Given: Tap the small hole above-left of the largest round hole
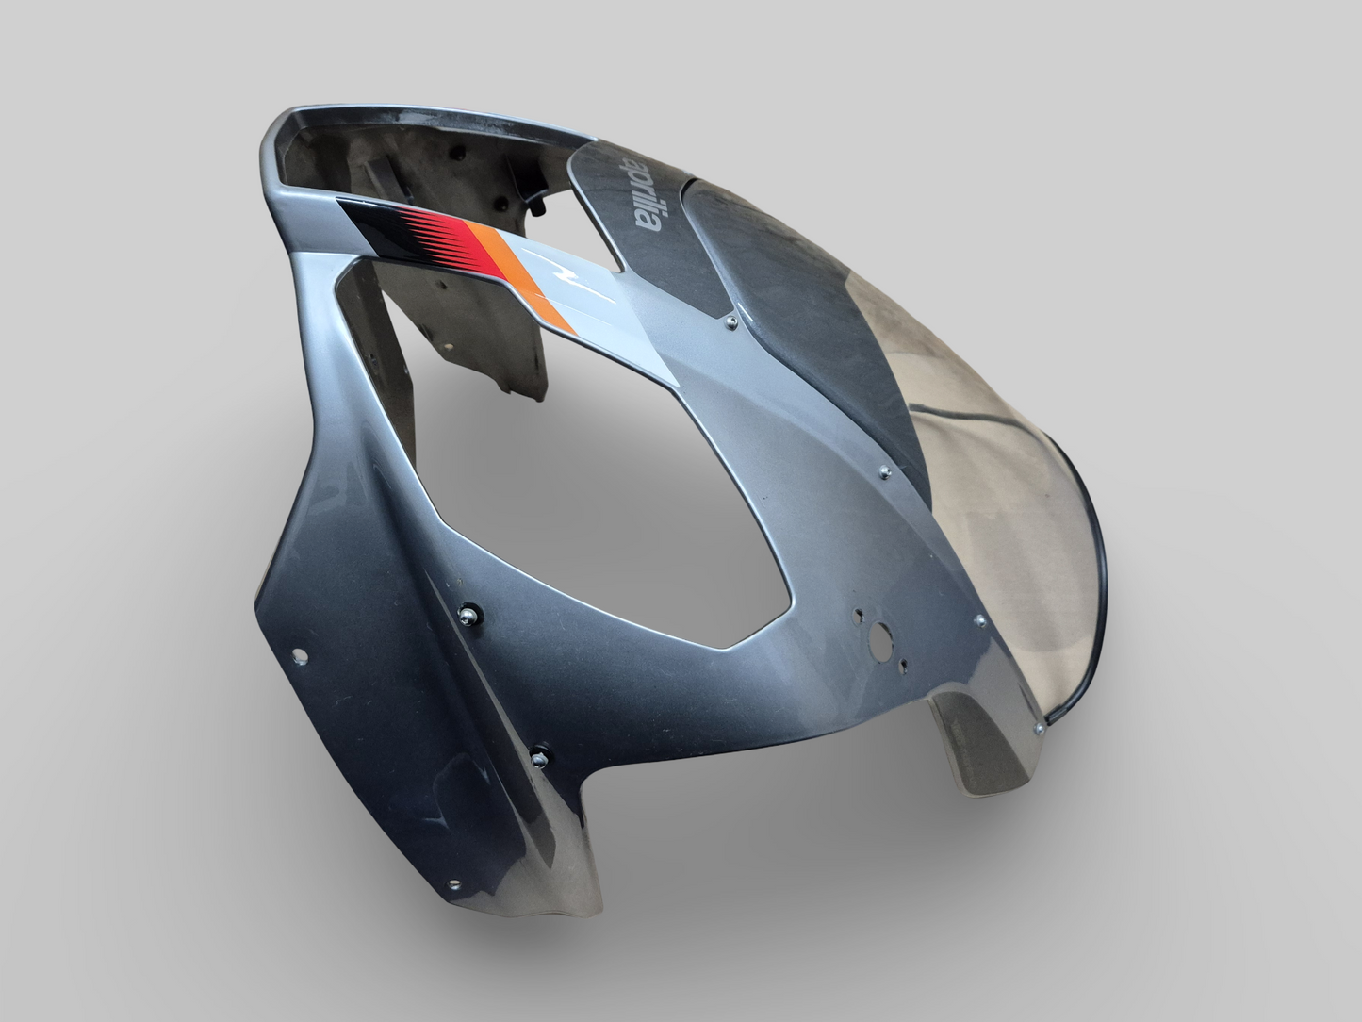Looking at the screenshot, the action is click(858, 617).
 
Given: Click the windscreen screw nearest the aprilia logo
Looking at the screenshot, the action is click(732, 321).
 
